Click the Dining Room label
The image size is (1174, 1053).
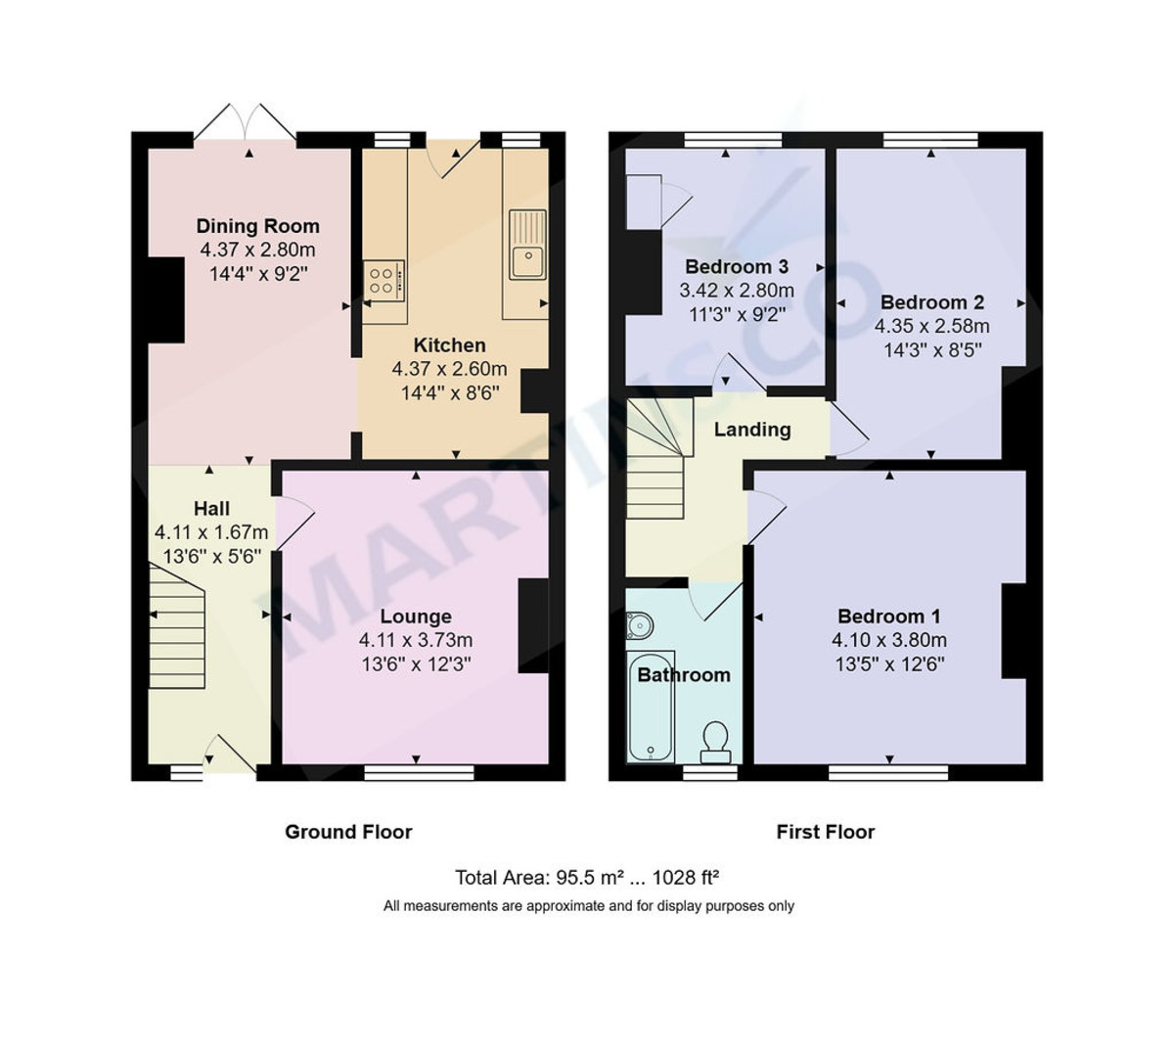click(257, 226)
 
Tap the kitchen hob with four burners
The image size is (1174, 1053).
click(384, 281)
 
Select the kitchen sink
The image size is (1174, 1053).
click(528, 261)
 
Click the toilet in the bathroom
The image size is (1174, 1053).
click(715, 742)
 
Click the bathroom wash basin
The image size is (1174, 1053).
click(639, 623)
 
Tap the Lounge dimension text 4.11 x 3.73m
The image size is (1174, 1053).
click(416, 640)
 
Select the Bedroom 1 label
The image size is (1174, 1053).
click(888, 617)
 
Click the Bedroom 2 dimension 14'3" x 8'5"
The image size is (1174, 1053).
click(931, 349)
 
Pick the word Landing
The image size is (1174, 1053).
click(751, 430)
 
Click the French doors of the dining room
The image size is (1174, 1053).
click(245, 124)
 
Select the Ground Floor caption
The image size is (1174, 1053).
click(348, 832)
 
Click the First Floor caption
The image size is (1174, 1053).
click(825, 832)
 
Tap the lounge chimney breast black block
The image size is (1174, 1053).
click(533, 626)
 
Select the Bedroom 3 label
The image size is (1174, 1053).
click(736, 267)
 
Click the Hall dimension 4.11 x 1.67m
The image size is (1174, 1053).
click(211, 532)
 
